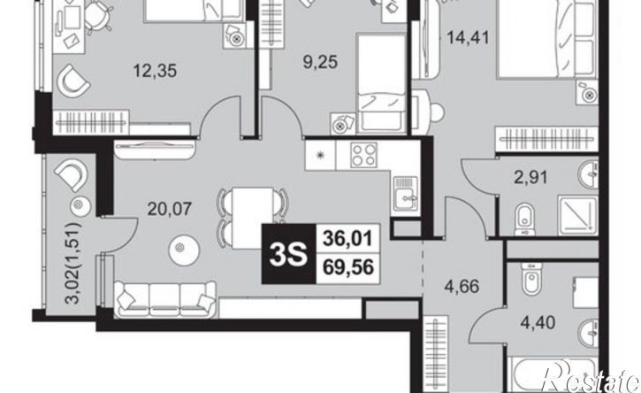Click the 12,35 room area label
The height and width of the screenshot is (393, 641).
155,71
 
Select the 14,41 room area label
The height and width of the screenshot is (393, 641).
468,38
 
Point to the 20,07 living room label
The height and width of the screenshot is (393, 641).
170,209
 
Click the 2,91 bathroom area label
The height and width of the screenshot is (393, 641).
530,178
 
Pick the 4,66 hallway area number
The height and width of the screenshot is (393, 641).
462,286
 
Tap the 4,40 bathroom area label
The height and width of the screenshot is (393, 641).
538,323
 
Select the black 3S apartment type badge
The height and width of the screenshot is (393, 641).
288,254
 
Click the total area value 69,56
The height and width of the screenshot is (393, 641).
348,268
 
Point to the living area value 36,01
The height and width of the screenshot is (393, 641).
347,239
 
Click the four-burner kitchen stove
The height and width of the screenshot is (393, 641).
363,155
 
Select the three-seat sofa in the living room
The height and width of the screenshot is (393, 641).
165,300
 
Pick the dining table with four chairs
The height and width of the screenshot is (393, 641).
252,218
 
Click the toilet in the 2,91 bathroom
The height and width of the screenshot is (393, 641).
524,220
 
